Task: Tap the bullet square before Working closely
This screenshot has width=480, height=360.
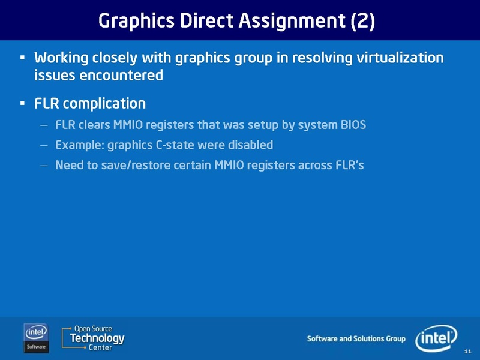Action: coord(22,59)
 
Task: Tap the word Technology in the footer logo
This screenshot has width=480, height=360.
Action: coord(97,338)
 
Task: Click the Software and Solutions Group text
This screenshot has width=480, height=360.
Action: coord(356,339)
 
